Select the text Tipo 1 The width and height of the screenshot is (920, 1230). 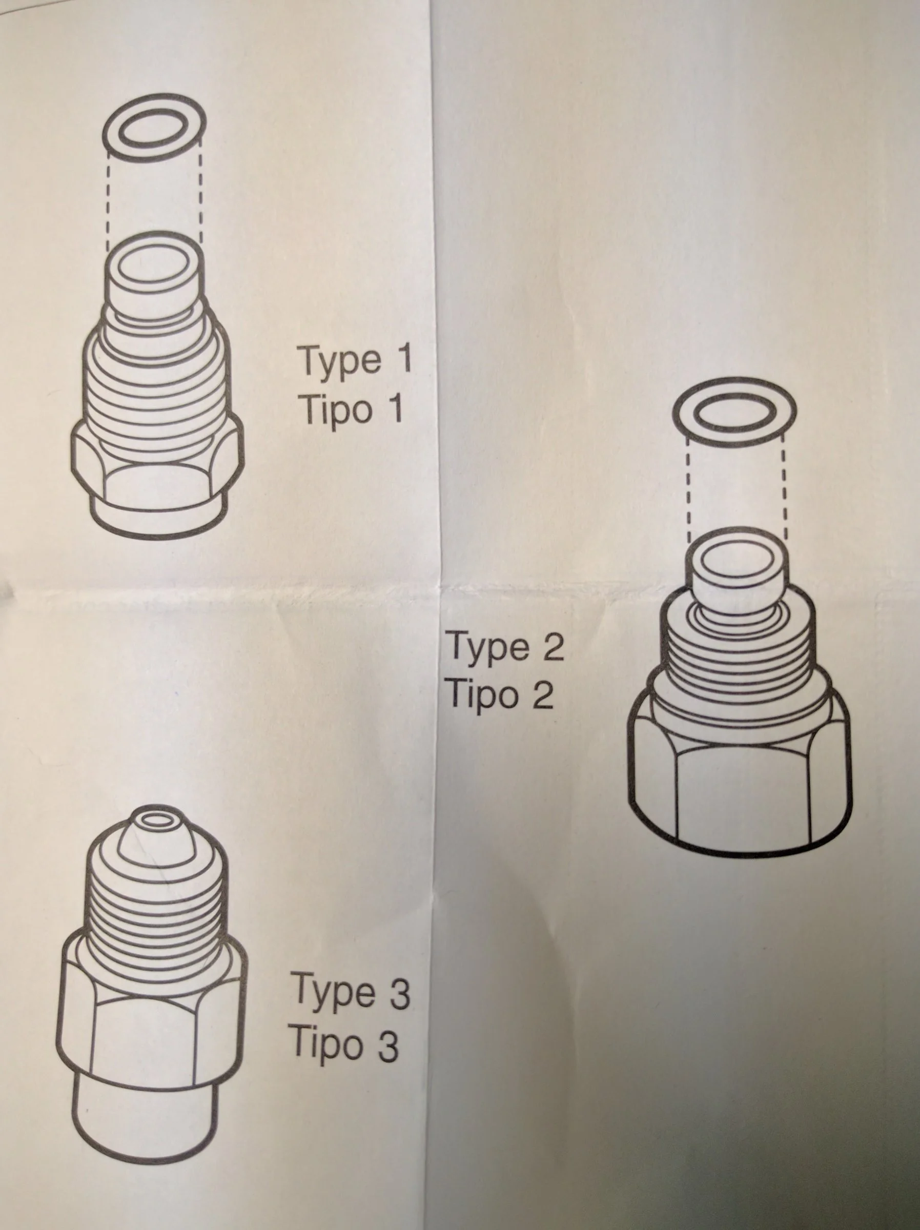352,411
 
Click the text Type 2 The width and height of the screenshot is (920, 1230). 505,647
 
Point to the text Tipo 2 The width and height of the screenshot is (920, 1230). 500,694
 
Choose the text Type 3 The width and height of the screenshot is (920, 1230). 352,992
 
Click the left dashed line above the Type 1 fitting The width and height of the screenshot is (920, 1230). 108,195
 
